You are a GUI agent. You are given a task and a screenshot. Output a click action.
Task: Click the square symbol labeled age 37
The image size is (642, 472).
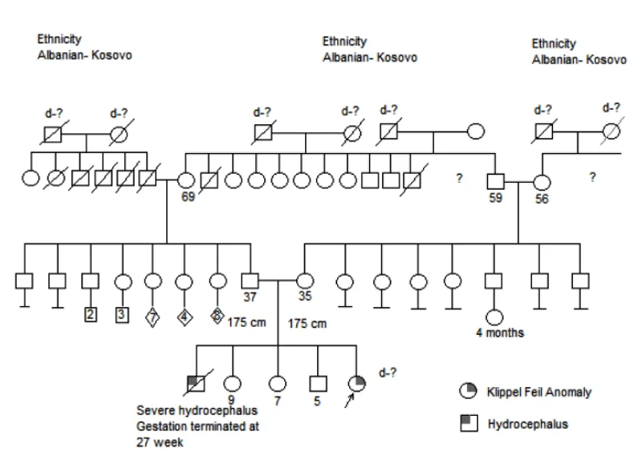click(250, 280)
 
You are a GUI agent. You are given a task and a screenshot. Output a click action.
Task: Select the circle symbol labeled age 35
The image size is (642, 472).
click(305, 280)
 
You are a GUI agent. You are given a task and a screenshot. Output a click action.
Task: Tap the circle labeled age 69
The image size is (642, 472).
click(186, 180)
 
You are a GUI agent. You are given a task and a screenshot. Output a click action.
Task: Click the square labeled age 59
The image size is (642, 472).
click(496, 180)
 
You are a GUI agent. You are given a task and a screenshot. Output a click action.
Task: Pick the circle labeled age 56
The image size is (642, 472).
click(541, 181)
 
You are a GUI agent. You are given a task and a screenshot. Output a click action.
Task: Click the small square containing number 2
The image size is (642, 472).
click(91, 314)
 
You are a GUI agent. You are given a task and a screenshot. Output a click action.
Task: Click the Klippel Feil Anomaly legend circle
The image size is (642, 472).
click(467, 391)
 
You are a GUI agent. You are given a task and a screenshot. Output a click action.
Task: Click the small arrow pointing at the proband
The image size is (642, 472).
click(348, 401)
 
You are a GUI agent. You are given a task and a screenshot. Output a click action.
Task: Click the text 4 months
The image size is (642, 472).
click(500, 332)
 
